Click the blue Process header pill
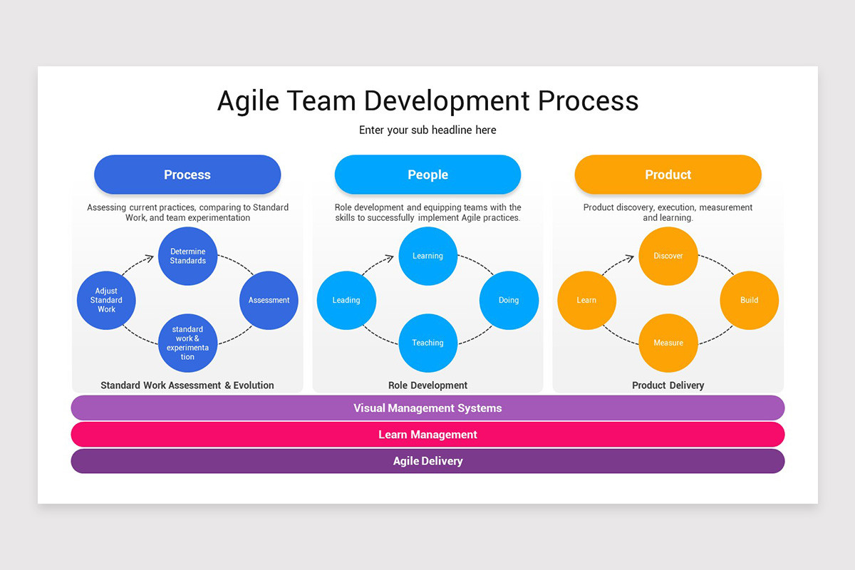187,175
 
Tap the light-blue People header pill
427,175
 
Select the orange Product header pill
668,175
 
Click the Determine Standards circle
187,256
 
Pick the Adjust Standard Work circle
106,300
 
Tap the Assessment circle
269,300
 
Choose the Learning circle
427,256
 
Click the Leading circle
346,300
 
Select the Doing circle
509,300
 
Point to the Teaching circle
427,343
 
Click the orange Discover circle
668,256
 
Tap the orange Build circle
749,300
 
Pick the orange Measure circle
668,343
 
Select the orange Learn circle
586,300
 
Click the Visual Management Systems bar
427,408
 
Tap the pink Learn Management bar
427,435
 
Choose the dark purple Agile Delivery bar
427,461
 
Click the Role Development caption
427,385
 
